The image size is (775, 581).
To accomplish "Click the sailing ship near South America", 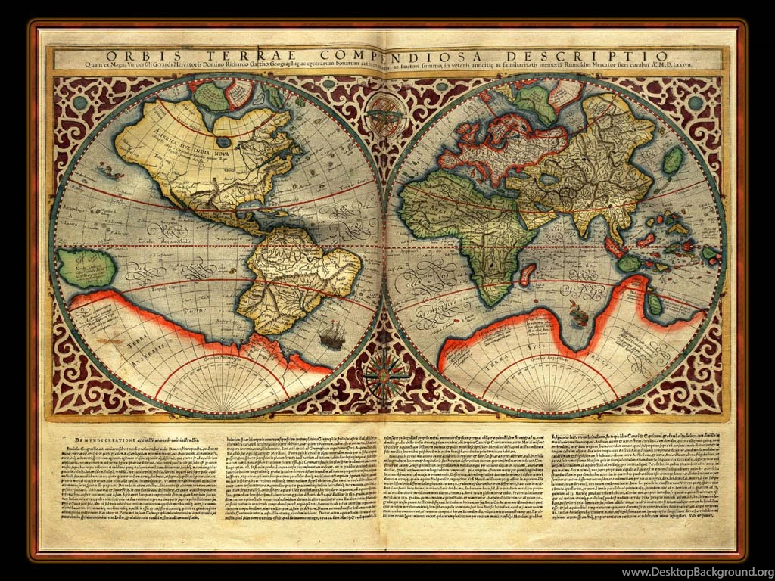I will click(331, 334).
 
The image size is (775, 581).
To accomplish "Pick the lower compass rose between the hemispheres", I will click(385, 372).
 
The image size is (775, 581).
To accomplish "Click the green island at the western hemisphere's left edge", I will click(85, 268).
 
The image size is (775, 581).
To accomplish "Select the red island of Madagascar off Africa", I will click(528, 273).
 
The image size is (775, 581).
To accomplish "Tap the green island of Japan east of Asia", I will click(673, 160).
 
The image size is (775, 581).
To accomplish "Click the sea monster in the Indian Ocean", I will click(580, 312).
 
